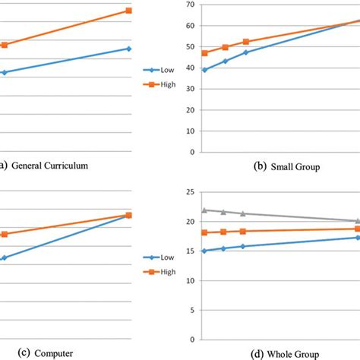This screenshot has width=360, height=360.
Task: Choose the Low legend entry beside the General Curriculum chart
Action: click(x=166, y=69)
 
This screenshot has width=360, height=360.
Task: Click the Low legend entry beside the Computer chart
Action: click(x=166, y=257)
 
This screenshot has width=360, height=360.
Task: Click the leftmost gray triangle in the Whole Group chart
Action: click(x=204, y=210)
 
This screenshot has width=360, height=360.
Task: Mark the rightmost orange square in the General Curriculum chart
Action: click(x=128, y=11)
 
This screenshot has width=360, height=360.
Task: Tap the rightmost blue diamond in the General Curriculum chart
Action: click(x=128, y=49)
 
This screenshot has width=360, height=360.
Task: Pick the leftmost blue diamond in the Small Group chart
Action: click(x=204, y=70)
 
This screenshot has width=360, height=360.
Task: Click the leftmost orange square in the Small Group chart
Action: click(x=204, y=53)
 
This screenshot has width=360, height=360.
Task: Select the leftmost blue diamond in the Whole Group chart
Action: click(x=204, y=251)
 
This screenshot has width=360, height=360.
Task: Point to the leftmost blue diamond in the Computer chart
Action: click(x=4, y=258)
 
